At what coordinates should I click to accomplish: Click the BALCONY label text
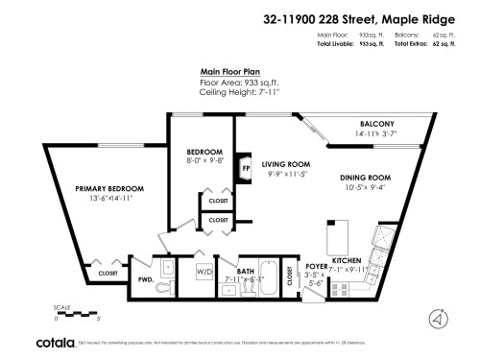coord(376,126)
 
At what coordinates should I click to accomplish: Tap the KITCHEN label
coord(346,260)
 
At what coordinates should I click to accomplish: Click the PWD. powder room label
coord(146,279)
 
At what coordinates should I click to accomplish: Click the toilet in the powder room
coord(164,284)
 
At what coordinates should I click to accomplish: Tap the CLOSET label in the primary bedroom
coord(108,274)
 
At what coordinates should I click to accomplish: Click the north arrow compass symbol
coord(439,318)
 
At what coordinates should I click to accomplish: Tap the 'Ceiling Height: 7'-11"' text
coord(239,92)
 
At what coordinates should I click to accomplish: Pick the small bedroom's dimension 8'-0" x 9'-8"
coord(204,161)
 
